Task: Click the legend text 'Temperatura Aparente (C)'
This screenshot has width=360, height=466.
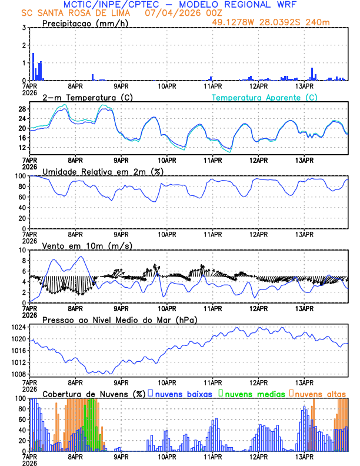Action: pos(265,97)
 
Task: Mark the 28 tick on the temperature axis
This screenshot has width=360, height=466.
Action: pos(22,109)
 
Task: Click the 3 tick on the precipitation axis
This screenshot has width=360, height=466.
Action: pos(24,28)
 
